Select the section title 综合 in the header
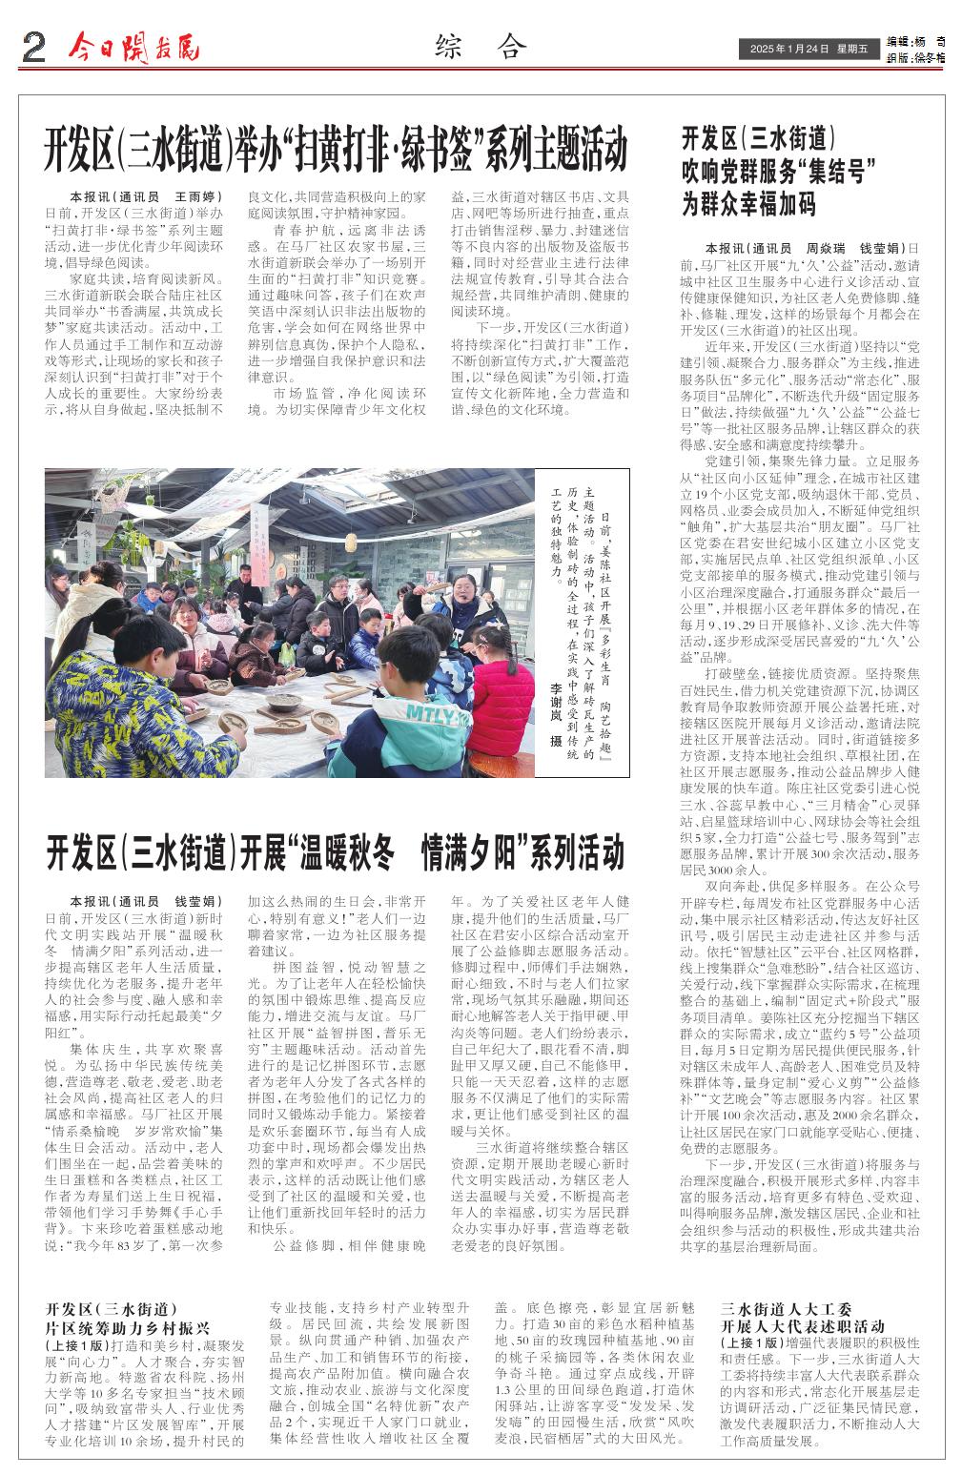(480, 46)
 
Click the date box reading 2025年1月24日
(805, 50)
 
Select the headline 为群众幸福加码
(748, 203)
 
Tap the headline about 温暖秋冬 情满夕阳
(335, 850)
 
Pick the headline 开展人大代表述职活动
(803, 1326)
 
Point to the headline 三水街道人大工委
(786, 1309)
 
